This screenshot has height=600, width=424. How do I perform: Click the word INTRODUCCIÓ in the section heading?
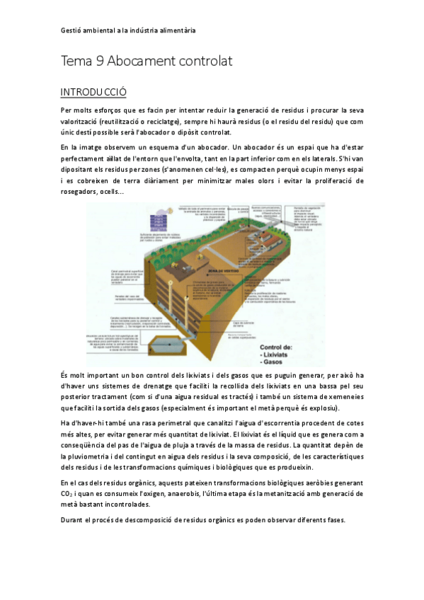(93, 92)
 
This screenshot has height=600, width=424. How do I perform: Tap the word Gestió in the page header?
(71, 30)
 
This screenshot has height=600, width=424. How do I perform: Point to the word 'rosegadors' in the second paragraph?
(81, 191)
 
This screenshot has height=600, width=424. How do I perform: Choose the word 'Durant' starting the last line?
(73, 520)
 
